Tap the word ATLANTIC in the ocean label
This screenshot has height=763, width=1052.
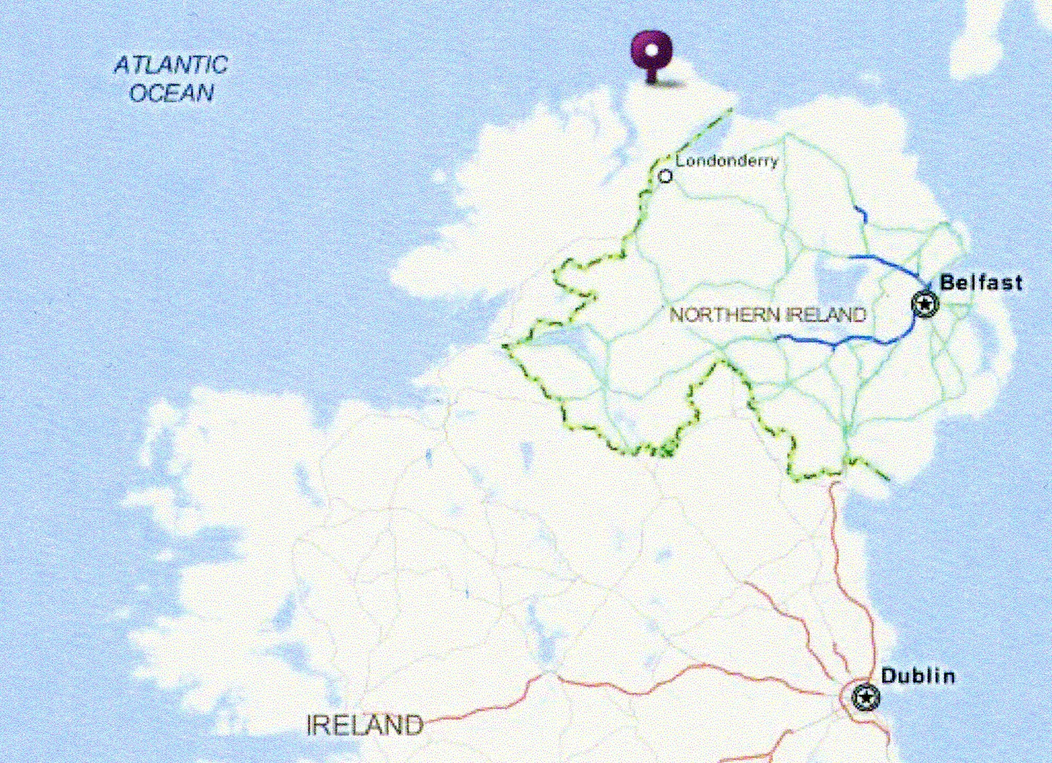point(171,65)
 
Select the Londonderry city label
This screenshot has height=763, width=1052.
point(727,161)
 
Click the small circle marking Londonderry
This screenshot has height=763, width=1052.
point(665,176)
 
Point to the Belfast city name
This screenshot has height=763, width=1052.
point(981,283)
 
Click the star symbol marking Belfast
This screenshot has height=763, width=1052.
point(925,304)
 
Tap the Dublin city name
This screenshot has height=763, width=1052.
point(918,676)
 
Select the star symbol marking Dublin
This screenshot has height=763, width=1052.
point(865,697)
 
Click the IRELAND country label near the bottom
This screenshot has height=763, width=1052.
point(365,726)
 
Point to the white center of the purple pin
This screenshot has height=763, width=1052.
point(652,50)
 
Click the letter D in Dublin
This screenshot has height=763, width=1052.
point(889,676)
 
